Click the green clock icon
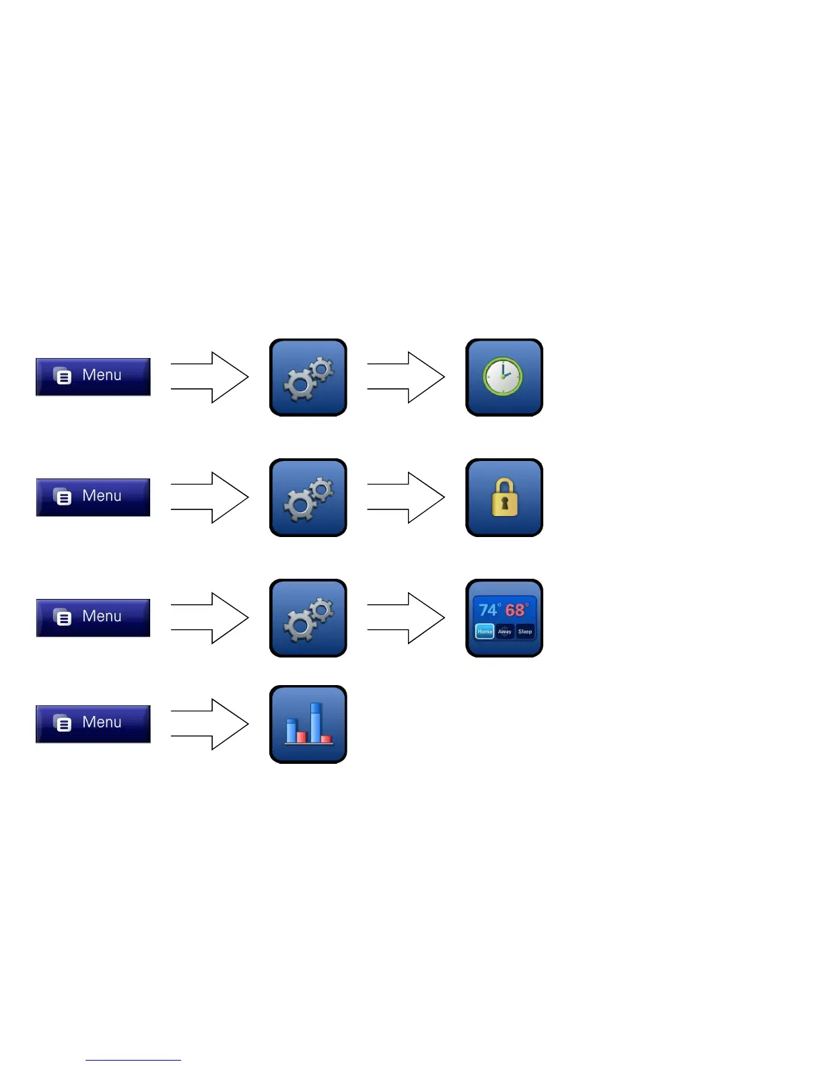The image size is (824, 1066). click(503, 377)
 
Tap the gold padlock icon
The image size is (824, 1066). click(504, 497)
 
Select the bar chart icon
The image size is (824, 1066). click(308, 724)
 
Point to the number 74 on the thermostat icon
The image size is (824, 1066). click(488, 610)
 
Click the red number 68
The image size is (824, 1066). click(515, 610)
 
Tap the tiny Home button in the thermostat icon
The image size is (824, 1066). click(485, 631)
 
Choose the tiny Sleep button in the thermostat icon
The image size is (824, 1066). click(525, 631)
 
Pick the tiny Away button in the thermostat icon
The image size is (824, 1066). click(505, 631)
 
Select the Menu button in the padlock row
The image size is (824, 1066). click(93, 497)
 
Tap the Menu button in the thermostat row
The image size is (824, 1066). click(93, 618)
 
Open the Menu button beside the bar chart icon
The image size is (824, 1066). click(93, 724)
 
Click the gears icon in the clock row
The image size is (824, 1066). click(308, 378)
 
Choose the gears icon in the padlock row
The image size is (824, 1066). click(308, 497)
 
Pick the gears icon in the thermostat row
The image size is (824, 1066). click(308, 618)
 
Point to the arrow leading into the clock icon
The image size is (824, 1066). click(407, 378)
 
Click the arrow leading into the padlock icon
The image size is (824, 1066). click(407, 497)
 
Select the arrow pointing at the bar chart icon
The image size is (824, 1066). click(210, 724)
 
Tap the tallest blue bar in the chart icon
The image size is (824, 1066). click(315, 722)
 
